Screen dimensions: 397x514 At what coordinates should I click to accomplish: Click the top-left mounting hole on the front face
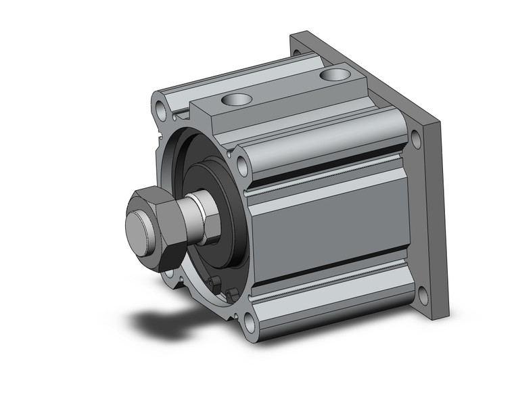160,108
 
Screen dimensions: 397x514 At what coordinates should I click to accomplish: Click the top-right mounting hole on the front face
241,163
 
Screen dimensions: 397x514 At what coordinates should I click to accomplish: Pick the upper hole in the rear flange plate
414,141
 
